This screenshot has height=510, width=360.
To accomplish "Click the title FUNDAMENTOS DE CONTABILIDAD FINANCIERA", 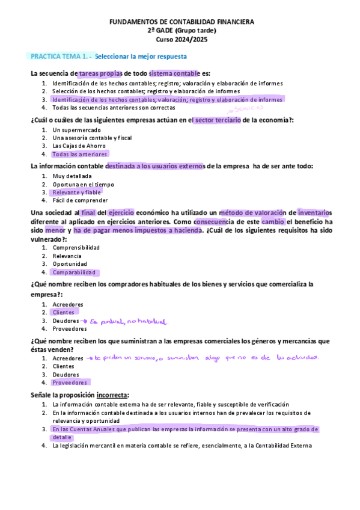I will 182,22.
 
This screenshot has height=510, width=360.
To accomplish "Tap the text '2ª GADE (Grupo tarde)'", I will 182,30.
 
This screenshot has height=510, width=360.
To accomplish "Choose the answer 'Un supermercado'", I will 76,130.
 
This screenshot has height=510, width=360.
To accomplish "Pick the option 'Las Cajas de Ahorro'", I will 79,146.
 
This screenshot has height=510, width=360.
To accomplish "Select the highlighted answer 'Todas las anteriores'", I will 79,154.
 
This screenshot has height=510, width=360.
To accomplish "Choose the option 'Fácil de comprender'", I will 80,200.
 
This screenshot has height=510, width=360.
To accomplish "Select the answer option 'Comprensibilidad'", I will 76,247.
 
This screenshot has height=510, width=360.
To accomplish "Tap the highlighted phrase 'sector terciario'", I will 217,120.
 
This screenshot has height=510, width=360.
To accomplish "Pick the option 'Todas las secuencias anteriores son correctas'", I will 114,108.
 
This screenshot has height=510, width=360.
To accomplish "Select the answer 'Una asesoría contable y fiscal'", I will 92,138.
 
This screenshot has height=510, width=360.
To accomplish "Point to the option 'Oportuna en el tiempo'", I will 83,185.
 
